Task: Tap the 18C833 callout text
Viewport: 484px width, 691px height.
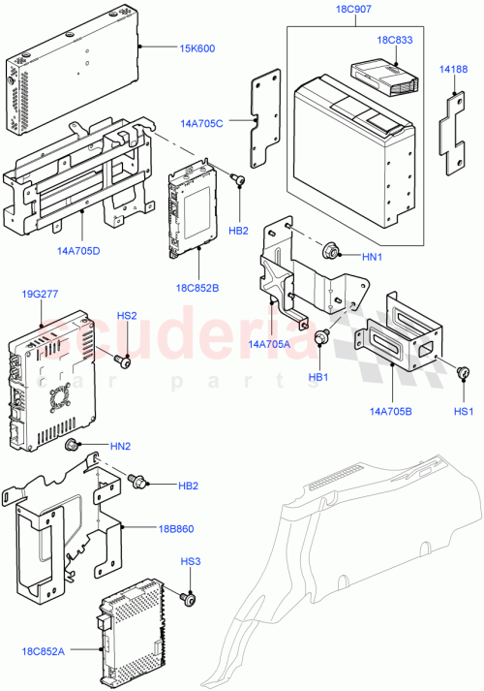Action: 394,41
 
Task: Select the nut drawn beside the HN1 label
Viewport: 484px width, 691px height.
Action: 332,254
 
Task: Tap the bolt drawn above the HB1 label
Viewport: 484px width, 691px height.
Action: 322,337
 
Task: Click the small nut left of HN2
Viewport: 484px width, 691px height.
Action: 72,446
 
